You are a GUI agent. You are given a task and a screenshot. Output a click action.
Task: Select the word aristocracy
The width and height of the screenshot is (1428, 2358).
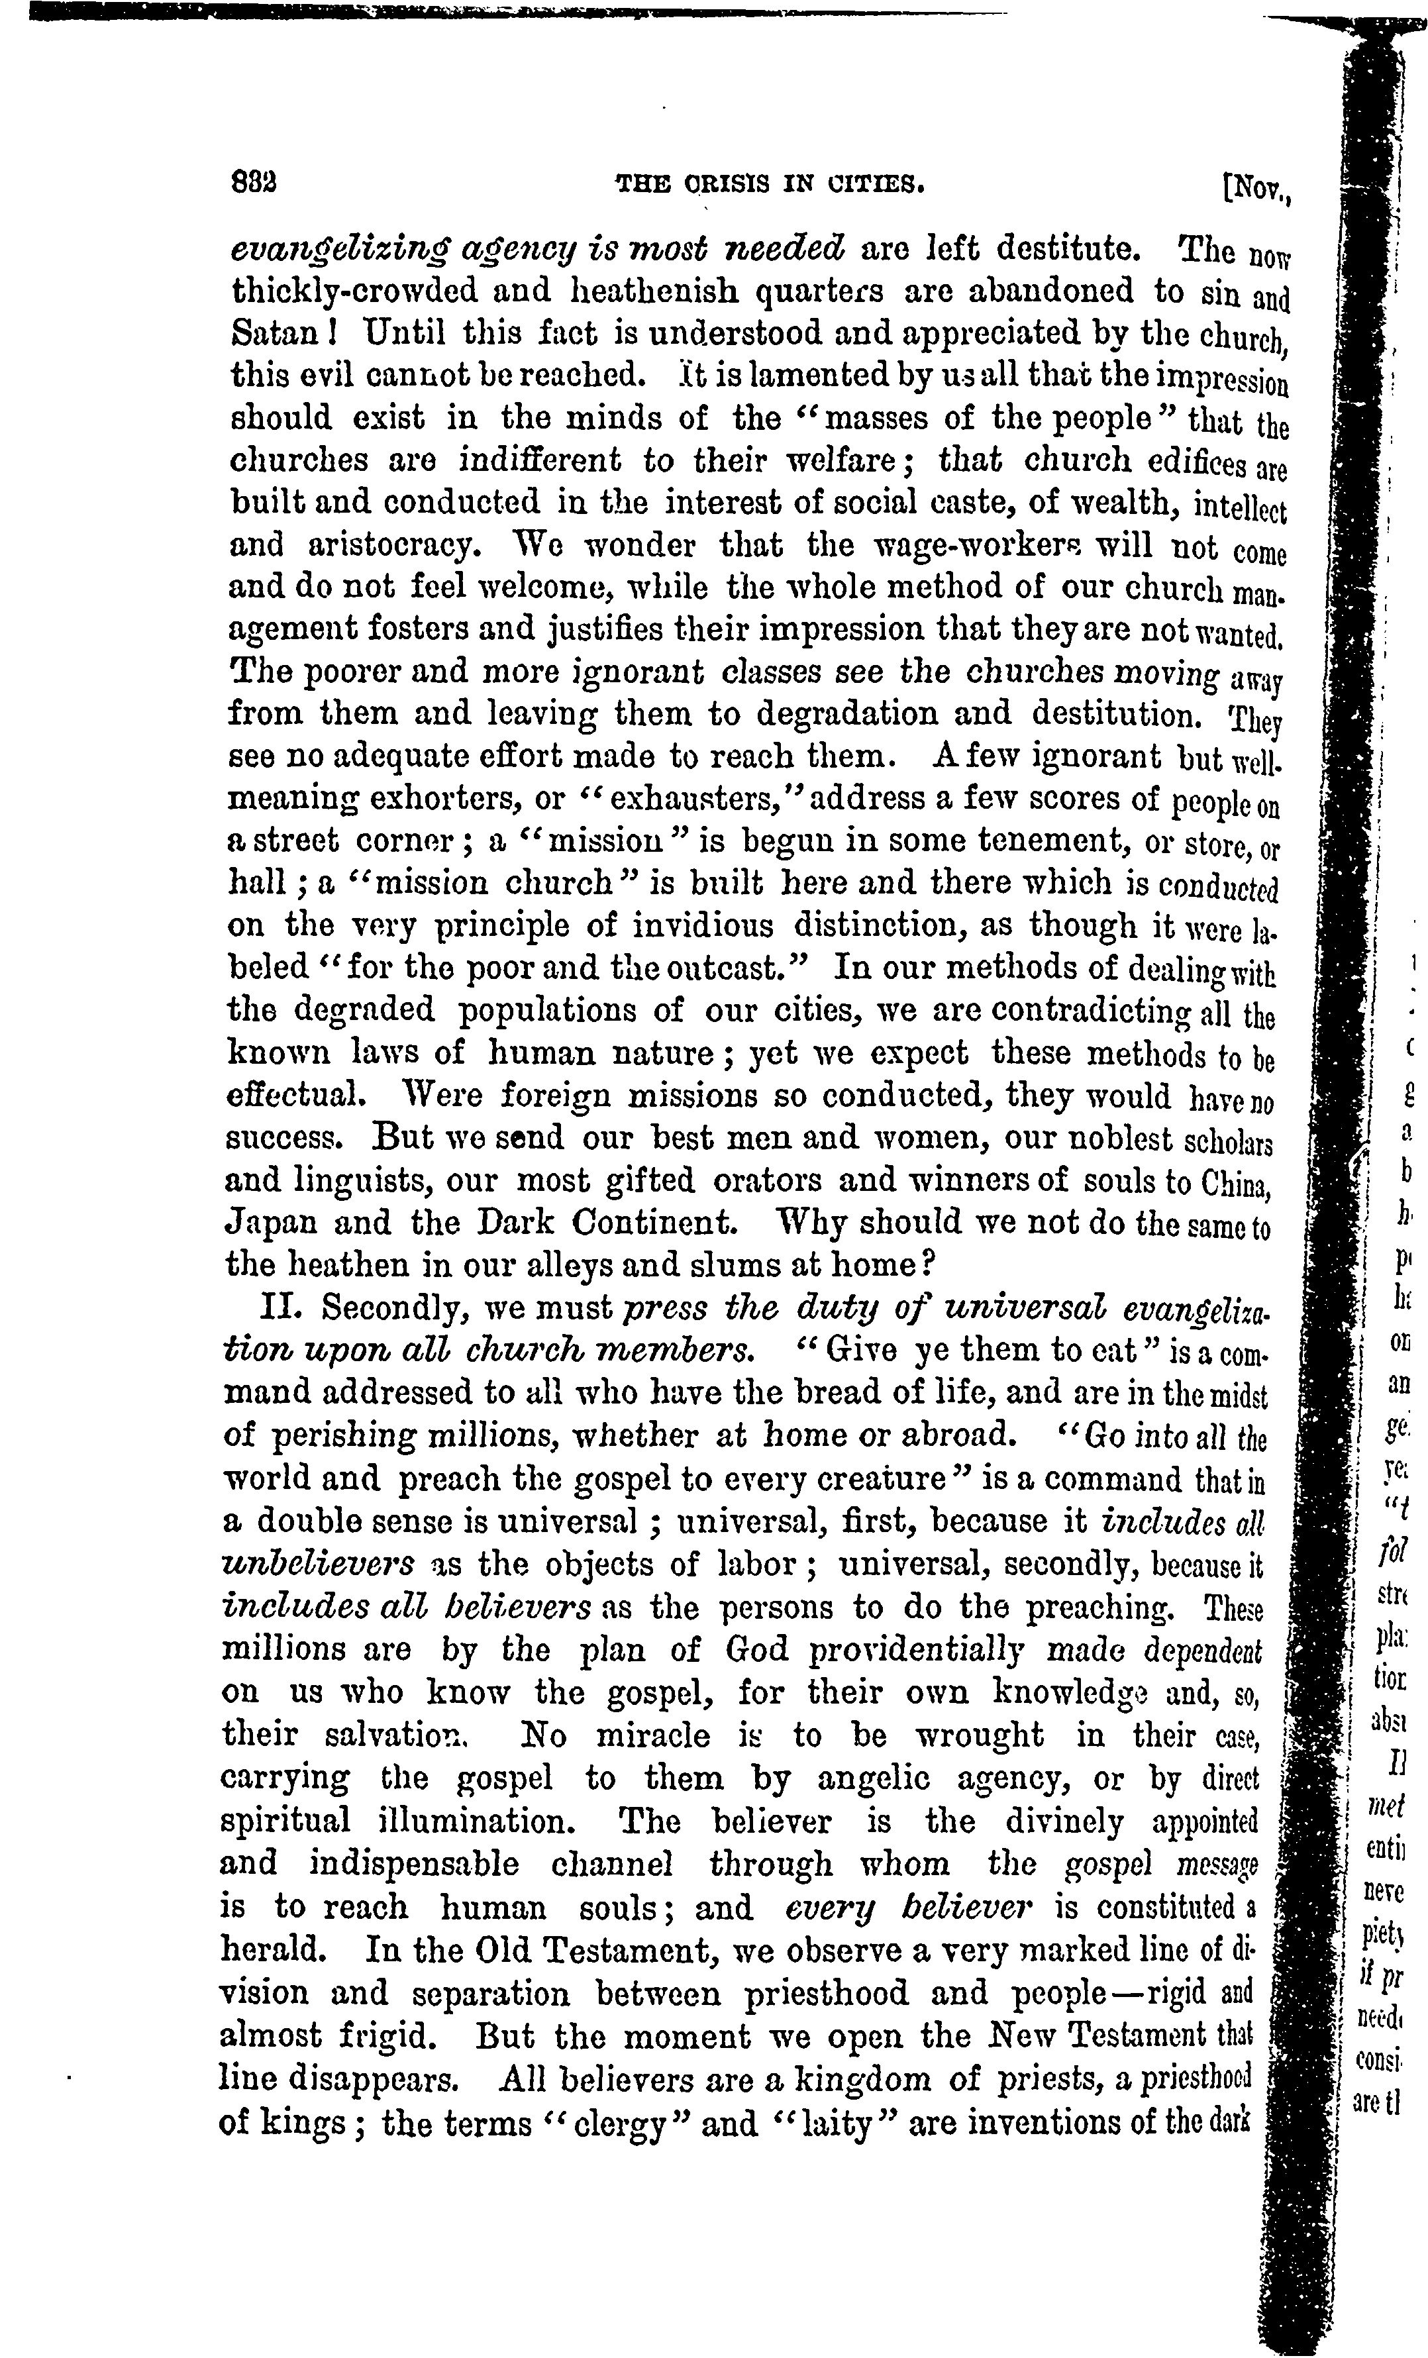391,546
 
